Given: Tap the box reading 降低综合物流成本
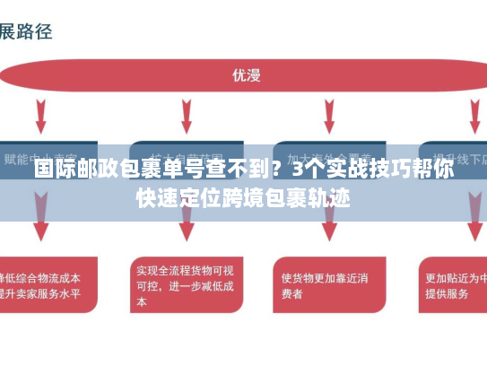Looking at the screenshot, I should [45, 285].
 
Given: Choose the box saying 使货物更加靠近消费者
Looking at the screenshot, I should [323, 285].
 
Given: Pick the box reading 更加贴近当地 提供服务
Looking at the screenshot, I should [453, 285].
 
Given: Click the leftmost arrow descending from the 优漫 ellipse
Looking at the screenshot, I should [41, 114].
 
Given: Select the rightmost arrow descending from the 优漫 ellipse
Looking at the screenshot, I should [473, 114].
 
